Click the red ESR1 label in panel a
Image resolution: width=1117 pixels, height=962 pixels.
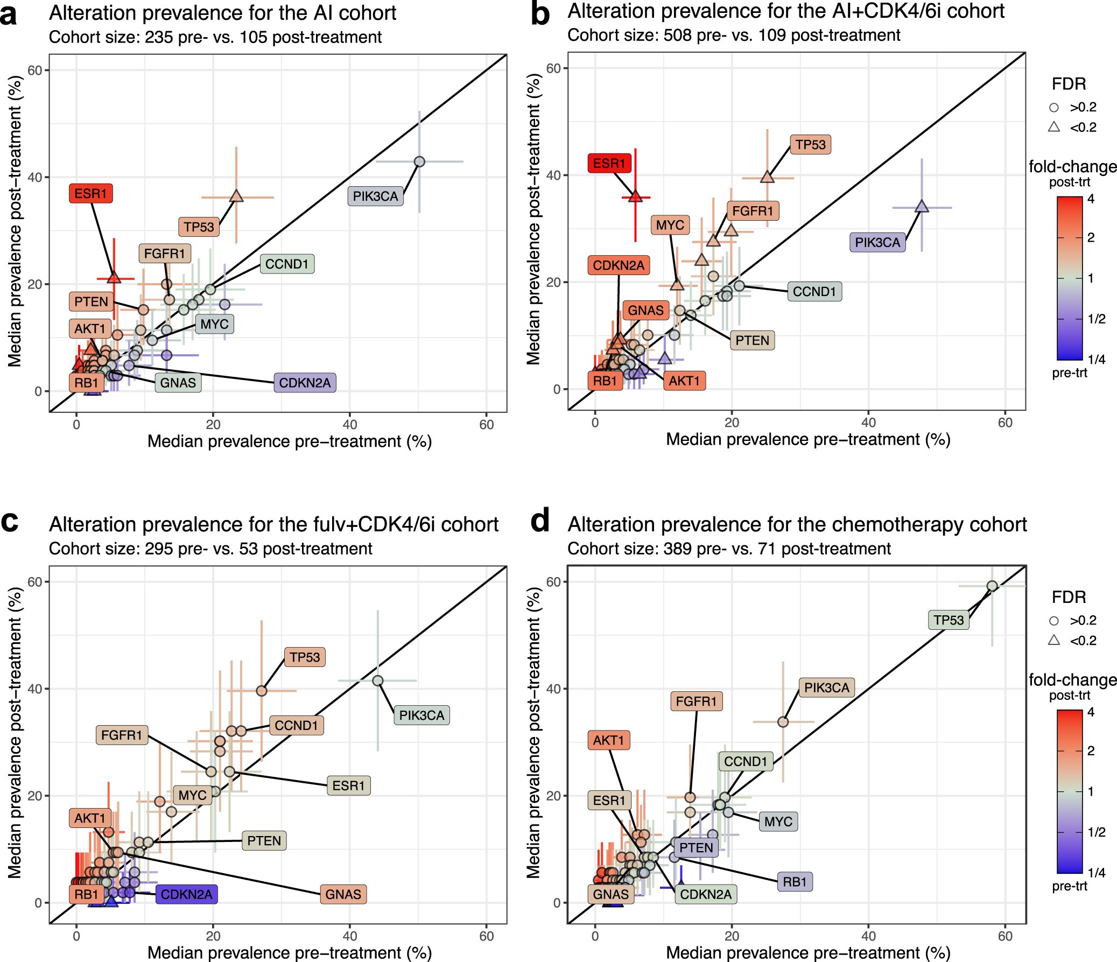coord(90,193)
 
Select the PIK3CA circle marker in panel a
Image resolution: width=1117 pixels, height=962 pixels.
coord(419,162)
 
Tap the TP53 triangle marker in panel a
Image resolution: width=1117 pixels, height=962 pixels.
coord(236,197)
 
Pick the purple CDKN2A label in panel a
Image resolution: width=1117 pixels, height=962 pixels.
coord(305,383)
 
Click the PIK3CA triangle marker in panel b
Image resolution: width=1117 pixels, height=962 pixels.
coord(921,207)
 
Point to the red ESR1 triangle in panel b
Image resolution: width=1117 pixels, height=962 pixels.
coord(635,197)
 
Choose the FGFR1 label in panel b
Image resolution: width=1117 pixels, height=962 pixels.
coord(753,211)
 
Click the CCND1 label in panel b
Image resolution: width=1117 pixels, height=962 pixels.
coord(814,292)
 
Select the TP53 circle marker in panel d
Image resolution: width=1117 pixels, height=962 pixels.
coord(992,586)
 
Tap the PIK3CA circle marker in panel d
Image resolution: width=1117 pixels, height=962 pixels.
coord(783,722)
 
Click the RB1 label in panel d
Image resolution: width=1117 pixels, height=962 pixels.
coord(795,882)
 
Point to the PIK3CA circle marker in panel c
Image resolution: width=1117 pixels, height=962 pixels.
coord(377,680)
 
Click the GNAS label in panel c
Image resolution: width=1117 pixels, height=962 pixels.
coord(343,894)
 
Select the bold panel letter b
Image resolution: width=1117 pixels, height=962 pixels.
coord(539,14)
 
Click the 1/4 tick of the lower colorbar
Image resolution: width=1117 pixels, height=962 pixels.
coord(1096,873)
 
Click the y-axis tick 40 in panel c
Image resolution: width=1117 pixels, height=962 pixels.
coord(35,689)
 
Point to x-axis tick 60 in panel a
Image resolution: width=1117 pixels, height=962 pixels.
coord(486,425)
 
